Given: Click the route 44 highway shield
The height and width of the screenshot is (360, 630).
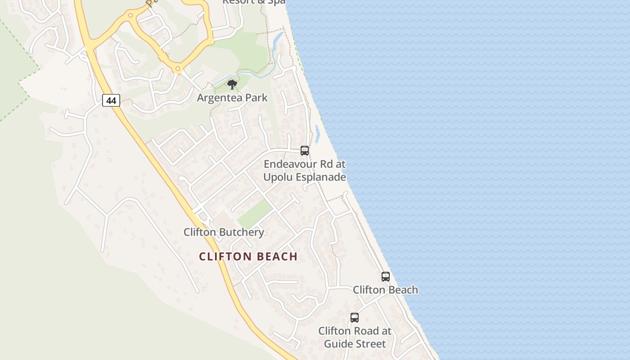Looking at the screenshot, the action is point(111,100).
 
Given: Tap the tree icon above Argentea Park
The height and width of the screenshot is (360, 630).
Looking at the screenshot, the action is point(232,84).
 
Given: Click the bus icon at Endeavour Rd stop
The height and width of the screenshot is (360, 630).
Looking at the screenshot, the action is point(305,151).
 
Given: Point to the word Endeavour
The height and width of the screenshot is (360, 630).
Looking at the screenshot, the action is point(289,164).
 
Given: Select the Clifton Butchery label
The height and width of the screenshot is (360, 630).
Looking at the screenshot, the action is point(224,232).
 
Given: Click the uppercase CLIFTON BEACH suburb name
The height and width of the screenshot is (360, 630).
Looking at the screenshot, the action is point(248,256).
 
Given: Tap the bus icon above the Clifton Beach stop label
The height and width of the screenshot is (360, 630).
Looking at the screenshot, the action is point(386,277).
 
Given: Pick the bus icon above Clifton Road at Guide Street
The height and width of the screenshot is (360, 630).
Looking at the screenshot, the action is point(355,318).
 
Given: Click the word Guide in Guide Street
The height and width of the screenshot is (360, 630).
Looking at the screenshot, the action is point(336,344).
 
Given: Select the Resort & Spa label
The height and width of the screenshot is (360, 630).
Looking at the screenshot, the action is point(254,2).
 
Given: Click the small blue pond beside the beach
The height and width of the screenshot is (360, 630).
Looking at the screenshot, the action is point(317,134).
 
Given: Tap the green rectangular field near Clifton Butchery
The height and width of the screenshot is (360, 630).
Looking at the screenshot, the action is point(255,213).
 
